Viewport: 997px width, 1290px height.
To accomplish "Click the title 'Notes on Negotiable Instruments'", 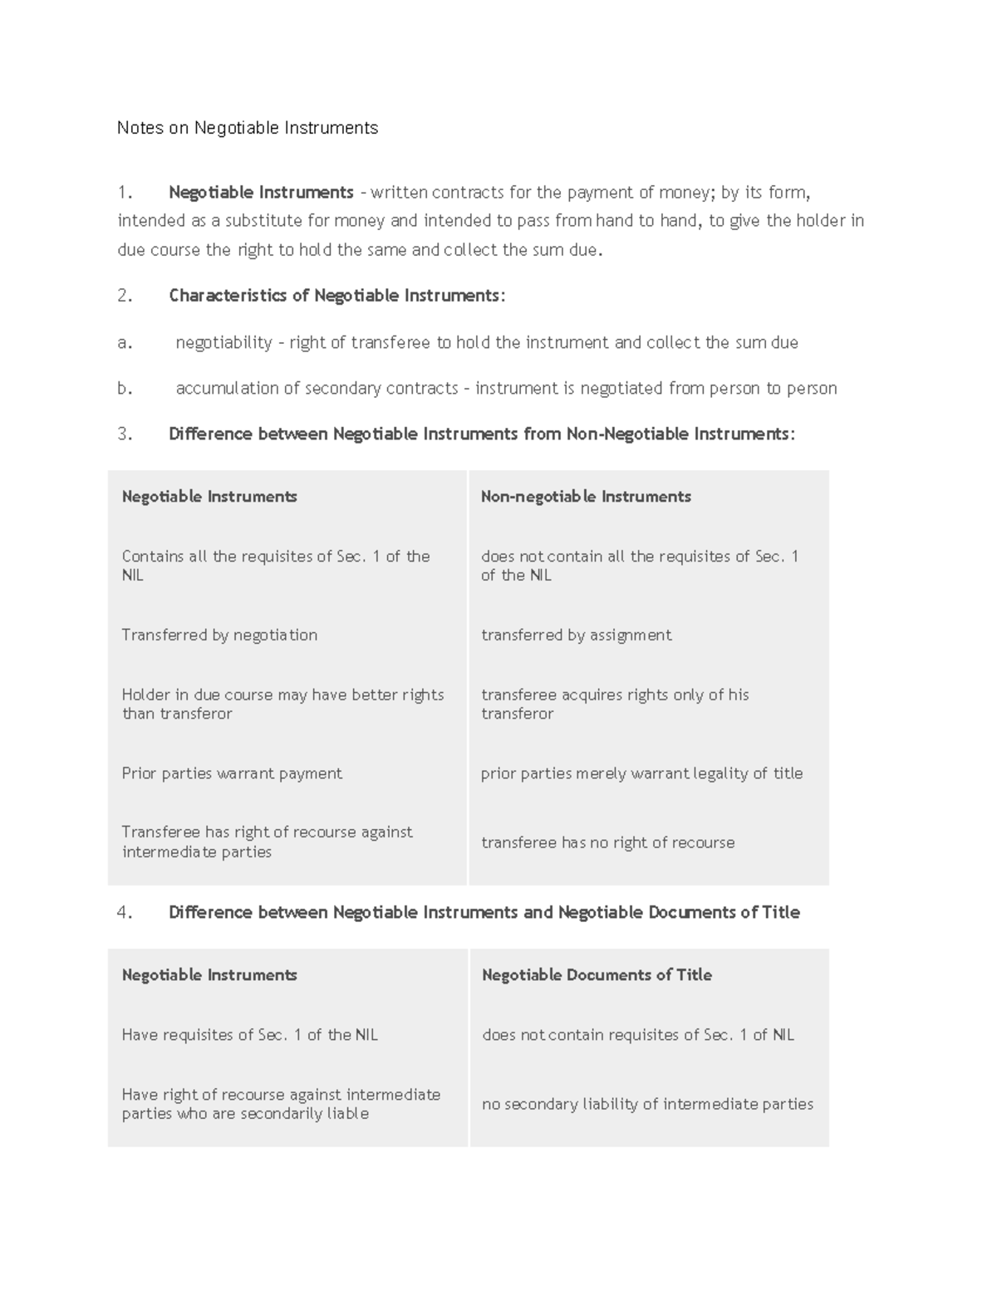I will (x=248, y=128).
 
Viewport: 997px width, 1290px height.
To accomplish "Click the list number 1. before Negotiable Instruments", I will (x=125, y=193).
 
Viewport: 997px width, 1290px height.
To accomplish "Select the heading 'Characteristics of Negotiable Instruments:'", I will (x=336, y=296).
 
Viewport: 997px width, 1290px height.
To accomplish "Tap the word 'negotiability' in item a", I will (x=223, y=342).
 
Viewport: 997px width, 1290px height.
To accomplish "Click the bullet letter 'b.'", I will (x=125, y=388).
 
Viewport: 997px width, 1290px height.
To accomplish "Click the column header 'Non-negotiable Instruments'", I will (x=586, y=497).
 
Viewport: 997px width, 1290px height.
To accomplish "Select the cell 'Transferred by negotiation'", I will (x=219, y=635).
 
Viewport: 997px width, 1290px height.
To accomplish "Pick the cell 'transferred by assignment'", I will (x=576, y=635).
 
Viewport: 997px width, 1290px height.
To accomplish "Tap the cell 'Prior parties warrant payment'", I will (x=232, y=773).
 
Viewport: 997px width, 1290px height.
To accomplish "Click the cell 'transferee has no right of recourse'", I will (x=607, y=842).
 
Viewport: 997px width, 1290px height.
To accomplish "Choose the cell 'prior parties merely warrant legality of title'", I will (x=641, y=773).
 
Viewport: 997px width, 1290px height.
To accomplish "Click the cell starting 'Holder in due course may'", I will (x=282, y=704).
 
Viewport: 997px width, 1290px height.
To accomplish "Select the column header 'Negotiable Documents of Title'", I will (x=597, y=975).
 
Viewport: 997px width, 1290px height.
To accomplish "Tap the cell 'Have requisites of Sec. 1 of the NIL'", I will (x=249, y=1035).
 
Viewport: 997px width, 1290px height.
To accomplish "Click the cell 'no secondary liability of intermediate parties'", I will (x=647, y=1104).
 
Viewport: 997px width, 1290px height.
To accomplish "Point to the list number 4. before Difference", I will (x=125, y=912).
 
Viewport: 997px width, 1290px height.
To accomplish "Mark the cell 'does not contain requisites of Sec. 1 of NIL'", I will (x=637, y=1035).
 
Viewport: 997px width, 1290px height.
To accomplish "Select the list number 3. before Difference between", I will (x=125, y=434).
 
